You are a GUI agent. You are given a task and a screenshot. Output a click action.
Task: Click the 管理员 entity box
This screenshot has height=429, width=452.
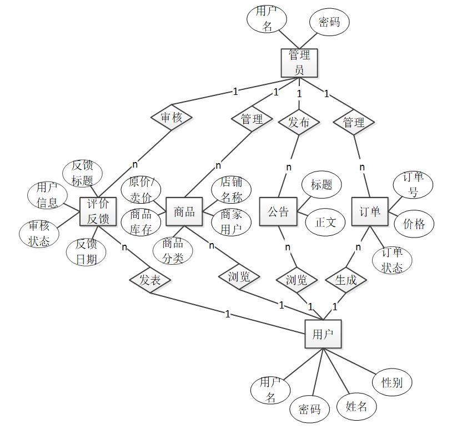[x=299, y=62]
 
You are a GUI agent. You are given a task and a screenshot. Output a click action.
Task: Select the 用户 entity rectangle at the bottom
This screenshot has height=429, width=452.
[x=323, y=334]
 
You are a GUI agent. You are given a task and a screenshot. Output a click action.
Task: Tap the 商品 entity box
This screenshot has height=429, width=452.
[x=184, y=211]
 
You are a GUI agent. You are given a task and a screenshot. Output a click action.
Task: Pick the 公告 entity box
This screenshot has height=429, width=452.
[x=278, y=211]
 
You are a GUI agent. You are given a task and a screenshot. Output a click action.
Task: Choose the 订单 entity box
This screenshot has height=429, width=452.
[x=369, y=211]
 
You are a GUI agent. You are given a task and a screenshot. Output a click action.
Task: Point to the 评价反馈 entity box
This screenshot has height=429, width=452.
[x=98, y=211]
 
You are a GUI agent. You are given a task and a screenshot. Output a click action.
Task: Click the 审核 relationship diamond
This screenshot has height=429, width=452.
[x=172, y=118]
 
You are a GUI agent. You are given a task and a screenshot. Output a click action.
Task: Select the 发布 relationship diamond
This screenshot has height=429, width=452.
[x=299, y=122]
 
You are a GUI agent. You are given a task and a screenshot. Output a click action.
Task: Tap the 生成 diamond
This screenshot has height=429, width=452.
[x=346, y=280]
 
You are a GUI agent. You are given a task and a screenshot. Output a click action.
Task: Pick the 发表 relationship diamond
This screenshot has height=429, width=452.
[x=150, y=280]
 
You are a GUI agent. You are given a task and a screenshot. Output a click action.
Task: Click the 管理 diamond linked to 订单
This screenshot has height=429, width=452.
[x=354, y=122]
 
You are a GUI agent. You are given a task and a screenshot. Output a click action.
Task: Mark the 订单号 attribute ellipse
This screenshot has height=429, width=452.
[x=413, y=184]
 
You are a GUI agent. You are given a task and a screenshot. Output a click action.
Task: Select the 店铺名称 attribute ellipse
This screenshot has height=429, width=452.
[x=230, y=189]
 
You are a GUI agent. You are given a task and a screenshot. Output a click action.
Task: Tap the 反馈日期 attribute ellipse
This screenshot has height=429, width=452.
[x=86, y=251]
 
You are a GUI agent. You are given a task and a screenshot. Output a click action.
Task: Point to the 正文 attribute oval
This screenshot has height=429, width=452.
[x=325, y=222]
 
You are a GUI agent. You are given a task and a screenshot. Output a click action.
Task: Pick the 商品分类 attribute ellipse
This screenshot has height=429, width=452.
[x=173, y=250]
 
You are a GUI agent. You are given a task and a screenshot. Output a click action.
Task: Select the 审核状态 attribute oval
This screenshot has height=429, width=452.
[x=39, y=233]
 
